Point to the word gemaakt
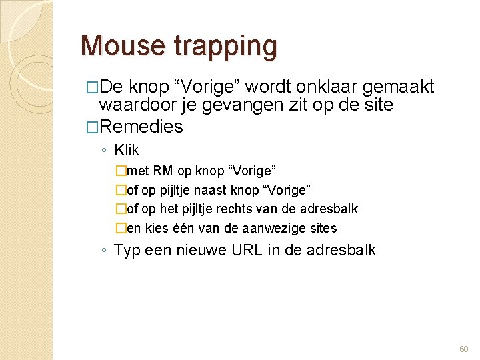click(x=404, y=87)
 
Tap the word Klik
click(x=127, y=150)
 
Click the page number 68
click(x=464, y=349)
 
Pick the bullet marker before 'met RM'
click(x=121, y=171)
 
